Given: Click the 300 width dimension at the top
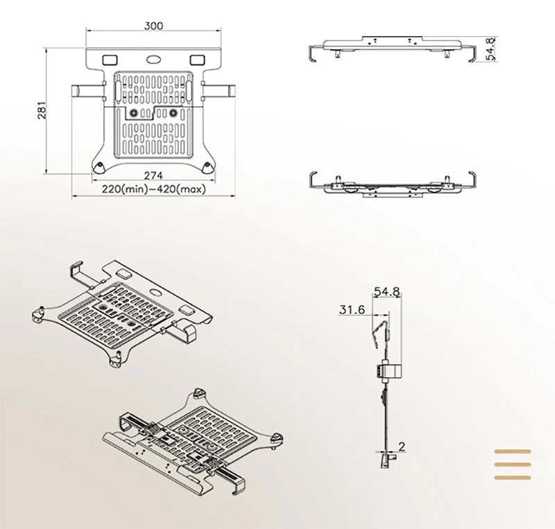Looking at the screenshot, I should click(154, 26).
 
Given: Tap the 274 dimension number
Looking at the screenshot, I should click(153, 175).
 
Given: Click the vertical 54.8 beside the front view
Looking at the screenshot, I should click(491, 49).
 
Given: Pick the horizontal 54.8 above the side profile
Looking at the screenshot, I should click(387, 292).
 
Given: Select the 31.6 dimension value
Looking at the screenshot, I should click(352, 310).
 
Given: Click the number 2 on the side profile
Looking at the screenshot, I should click(402, 446).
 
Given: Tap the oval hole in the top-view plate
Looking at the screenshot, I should click(153, 60).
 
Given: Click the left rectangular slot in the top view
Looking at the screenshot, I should click(110, 59).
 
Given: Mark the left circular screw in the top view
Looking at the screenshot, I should click(134, 112).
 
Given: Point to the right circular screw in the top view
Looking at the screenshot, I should click(173, 112).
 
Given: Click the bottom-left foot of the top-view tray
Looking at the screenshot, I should click(99, 166).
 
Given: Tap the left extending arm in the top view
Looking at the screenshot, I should click(87, 90).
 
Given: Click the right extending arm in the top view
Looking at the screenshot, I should click(221, 90).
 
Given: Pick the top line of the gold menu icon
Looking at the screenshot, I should click(512, 451).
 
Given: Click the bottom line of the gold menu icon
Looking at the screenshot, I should click(512, 477).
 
